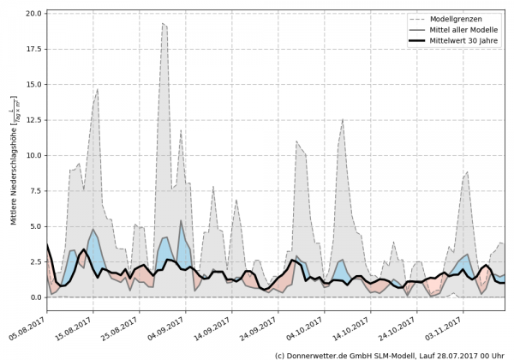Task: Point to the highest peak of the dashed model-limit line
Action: click(163, 24)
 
